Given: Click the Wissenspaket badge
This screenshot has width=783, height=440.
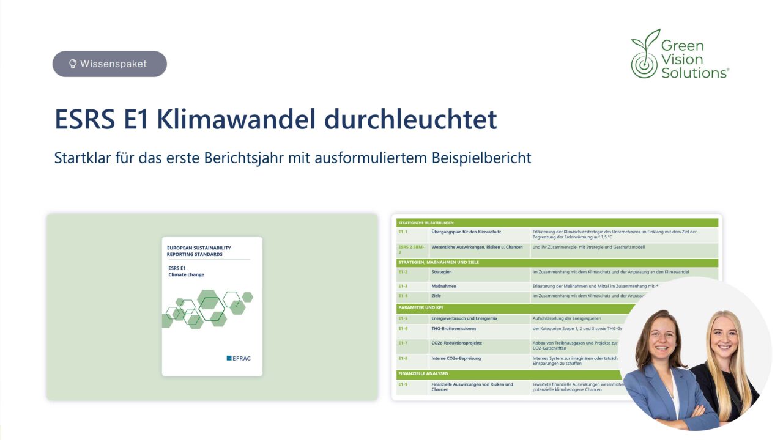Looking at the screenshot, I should [x=109, y=64].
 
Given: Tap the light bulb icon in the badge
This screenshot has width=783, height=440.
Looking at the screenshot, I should [x=73, y=64].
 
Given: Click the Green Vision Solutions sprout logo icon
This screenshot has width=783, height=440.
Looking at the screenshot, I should [x=645, y=55].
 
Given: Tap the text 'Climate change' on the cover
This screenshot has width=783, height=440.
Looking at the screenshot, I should [x=186, y=275].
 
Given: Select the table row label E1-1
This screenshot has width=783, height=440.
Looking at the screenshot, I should [x=403, y=232].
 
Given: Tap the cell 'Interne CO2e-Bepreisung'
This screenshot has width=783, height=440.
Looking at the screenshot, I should [x=456, y=359].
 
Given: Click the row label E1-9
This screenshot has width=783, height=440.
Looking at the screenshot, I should [x=403, y=384].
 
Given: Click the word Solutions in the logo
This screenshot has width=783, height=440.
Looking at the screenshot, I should [x=694, y=73].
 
